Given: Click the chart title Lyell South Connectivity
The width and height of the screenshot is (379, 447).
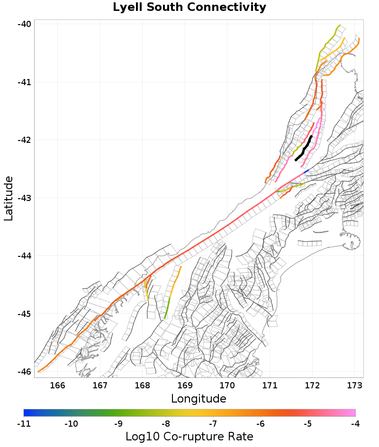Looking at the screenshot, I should click(x=189, y=8).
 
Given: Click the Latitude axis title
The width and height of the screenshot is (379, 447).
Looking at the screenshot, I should click(x=9, y=198).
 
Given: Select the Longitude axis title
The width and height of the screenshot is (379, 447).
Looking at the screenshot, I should click(x=199, y=399).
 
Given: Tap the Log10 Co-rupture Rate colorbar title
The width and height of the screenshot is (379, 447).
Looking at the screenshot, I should click(x=189, y=437).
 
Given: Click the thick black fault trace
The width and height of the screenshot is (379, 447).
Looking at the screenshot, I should click(x=304, y=149).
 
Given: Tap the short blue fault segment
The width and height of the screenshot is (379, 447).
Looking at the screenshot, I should click(x=307, y=171).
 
